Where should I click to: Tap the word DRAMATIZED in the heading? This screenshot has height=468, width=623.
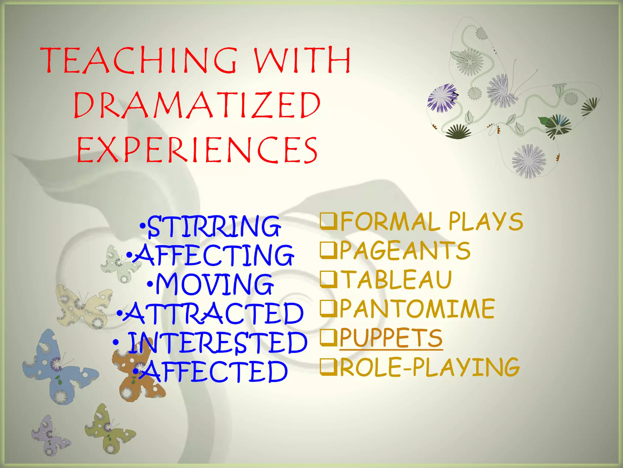[197, 105]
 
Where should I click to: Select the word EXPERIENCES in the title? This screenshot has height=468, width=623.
[197, 150]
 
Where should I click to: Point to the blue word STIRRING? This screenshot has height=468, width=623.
[213, 226]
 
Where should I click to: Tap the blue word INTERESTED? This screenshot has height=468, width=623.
[217, 342]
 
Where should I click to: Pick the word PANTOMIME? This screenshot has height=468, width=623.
[417, 309]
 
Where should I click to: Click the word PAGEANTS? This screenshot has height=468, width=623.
[405, 250]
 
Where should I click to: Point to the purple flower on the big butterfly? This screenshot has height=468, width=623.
[442, 97]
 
